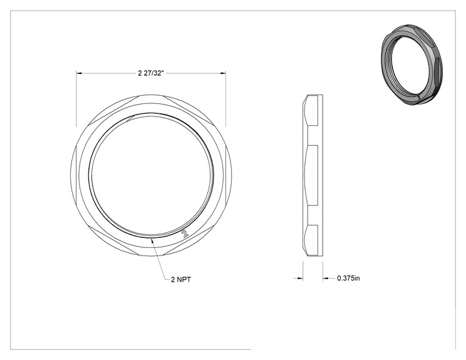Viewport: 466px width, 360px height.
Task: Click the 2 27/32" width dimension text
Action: pyautogui.click(x=151, y=73)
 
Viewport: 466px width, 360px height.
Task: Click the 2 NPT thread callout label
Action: pyautogui.click(x=180, y=279)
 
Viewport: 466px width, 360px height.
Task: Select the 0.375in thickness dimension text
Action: pyautogui.click(x=348, y=279)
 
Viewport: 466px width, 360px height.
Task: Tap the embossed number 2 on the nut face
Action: pyautogui.click(x=185, y=234)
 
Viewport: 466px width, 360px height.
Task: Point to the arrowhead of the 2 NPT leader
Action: pyautogui.click(x=152, y=240)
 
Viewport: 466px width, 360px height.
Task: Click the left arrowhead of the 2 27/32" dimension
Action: pyautogui.click(x=79, y=73)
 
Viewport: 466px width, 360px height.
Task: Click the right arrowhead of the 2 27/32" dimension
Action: pyautogui.click(x=223, y=73)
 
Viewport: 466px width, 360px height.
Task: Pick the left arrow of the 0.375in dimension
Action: pyautogui.click(x=300, y=279)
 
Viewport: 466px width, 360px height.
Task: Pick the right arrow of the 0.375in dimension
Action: pyautogui.click(x=326, y=279)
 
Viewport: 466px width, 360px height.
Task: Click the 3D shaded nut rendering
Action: pyautogui.click(x=412, y=65)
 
